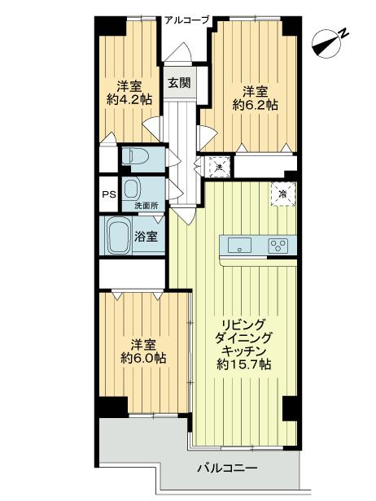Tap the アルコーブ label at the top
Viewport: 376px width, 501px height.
point(186,21)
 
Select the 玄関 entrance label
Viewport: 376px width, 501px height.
point(179,82)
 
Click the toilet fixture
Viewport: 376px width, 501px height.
point(135,155)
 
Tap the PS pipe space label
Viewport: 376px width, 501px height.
point(107,194)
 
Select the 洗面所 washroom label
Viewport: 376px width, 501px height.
point(146,207)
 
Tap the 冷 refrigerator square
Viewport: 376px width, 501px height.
point(282,194)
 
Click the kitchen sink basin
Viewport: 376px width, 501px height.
point(242,244)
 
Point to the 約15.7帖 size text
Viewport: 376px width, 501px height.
point(245,367)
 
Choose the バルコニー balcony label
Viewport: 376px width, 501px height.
point(227,469)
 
